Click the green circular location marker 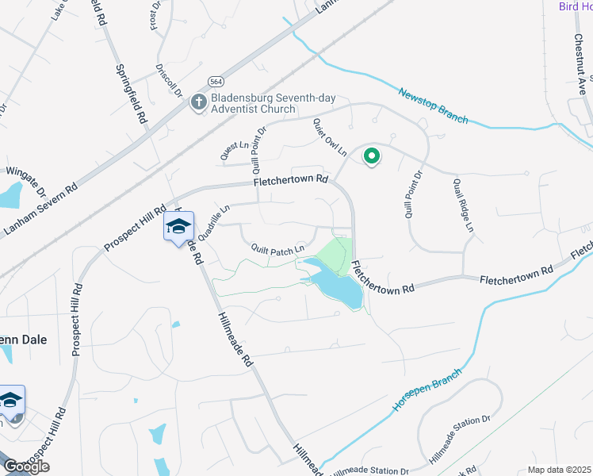coord(370,156)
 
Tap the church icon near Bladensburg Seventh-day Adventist coord(198,102)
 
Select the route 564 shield coord(215,81)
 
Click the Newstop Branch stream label coord(433,105)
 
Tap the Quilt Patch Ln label coord(277,249)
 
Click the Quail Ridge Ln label coord(463,205)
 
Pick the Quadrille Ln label coord(213,221)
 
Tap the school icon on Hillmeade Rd coord(178,228)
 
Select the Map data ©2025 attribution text coord(559,470)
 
